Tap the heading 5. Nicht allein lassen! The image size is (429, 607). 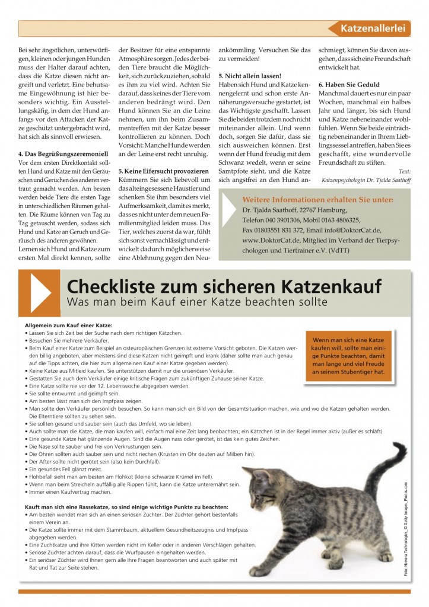250,77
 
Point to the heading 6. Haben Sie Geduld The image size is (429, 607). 350,85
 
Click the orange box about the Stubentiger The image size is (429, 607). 344,357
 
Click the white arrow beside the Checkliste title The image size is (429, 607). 40,293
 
